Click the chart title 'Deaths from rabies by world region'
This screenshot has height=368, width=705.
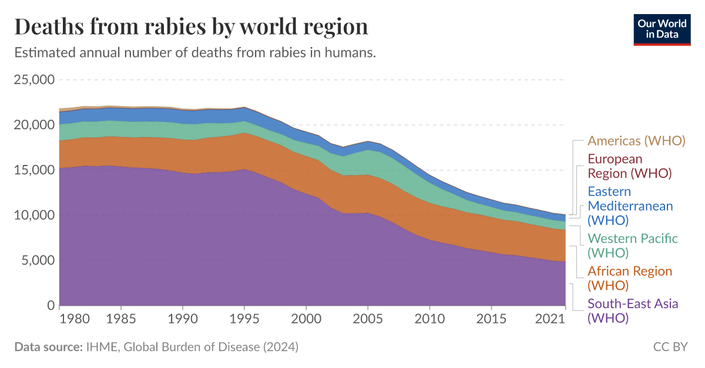(191, 27)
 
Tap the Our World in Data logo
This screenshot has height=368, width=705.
(662, 29)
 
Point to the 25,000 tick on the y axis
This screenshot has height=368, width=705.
(33, 79)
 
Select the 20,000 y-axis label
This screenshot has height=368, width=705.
(33, 124)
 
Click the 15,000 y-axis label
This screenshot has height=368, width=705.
(33, 170)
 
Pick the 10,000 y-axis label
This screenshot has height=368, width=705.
(33, 215)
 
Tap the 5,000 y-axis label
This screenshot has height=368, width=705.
(38, 261)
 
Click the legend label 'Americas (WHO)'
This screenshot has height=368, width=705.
(637, 141)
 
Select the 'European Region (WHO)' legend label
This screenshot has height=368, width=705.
(629, 166)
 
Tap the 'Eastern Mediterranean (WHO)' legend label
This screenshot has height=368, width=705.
(630, 206)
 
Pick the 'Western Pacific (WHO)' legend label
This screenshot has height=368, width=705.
(633, 245)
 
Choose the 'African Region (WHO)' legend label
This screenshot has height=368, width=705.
(630, 278)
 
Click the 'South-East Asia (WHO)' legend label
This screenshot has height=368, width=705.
(633, 311)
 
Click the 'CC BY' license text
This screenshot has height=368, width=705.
(670, 347)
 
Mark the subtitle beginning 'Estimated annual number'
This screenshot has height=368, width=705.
(194, 53)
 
